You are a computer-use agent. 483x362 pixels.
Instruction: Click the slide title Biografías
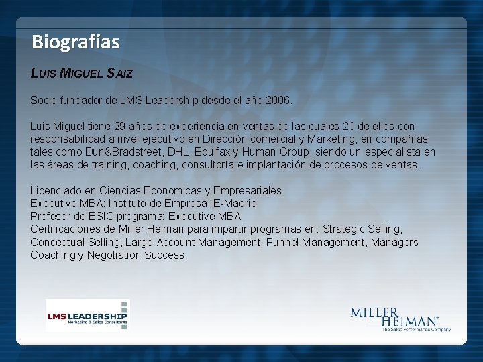pyautogui.click(x=75, y=42)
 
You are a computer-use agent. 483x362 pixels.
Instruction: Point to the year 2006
pyautogui.click(x=278, y=101)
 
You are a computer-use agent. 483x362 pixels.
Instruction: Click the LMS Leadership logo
pyautogui.click(x=87, y=315)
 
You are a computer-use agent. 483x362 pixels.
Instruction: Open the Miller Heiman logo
pyautogui.click(x=400, y=319)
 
